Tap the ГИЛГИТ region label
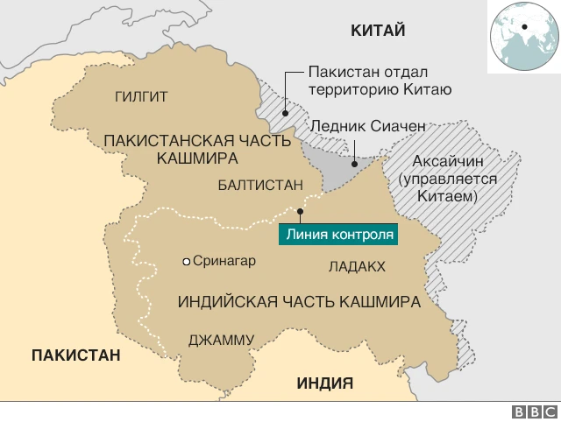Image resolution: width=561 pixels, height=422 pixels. (x=141, y=96)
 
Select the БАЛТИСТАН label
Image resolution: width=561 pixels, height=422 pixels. (x=260, y=185)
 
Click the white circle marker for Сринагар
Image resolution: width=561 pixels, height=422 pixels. (x=186, y=261)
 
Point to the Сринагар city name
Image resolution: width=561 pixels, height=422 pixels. (x=224, y=261)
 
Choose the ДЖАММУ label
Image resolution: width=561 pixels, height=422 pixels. (x=222, y=340)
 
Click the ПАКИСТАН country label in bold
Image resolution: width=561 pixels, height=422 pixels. (x=75, y=355)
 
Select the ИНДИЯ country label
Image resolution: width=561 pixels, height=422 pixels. (x=324, y=383)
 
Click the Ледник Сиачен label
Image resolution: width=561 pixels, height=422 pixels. (x=367, y=126)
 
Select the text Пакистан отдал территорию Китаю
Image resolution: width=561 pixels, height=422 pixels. (x=380, y=81)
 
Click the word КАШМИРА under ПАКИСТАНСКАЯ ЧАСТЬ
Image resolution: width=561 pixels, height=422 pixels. (x=198, y=158)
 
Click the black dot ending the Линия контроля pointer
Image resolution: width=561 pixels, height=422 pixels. (x=301, y=211)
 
